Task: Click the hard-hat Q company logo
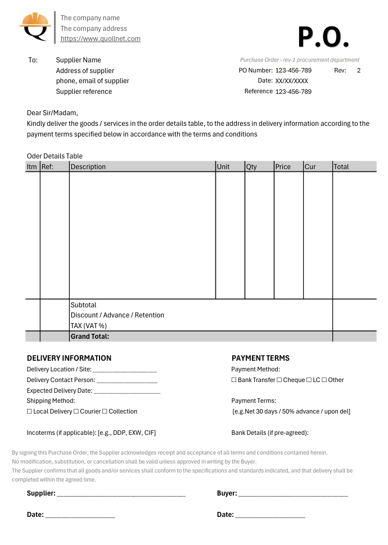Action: coord(35,26)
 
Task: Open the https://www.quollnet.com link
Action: coord(100,39)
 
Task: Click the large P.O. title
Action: coord(323,37)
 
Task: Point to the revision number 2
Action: coord(359,70)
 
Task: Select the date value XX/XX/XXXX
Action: coord(291,81)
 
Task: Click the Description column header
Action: coord(88,167)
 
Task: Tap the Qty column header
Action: coord(251,167)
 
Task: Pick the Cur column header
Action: coord(310,167)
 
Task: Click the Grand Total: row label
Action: coord(90,337)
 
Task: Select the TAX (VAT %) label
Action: coord(89,326)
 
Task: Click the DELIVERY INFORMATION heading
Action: coord(69,358)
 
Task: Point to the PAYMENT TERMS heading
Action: coord(260,358)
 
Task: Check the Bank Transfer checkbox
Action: coord(234,380)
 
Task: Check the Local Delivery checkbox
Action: coord(30,411)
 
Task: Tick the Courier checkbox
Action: coord(76,411)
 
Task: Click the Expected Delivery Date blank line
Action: coord(127,391)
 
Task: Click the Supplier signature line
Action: coord(121,494)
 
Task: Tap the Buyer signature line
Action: coord(292,494)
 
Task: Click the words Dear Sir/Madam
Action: coord(52,112)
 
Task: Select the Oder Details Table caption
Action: coord(55,156)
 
